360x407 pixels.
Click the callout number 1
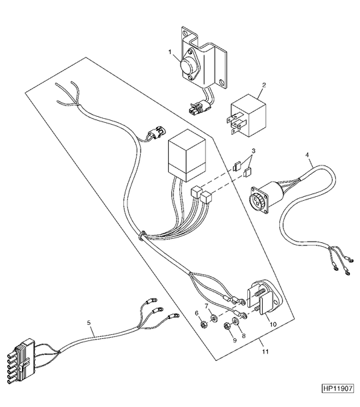(x=170, y=52)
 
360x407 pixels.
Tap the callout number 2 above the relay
(x=264, y=85)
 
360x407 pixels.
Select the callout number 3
(x=253, y=151)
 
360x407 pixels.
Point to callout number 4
(x=307, y=155)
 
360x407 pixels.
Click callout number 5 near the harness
(x=89, y=323)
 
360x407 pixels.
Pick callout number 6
(x=197, y=314)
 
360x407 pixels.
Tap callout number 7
(x=207, y=306)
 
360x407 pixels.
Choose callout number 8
(x=243, y=336)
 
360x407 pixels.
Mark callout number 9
(x=235, y=340)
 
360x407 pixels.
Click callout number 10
(x=273, y=324)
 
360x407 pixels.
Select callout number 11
(x=265, y=352)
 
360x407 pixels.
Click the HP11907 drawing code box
(x=337, y=388)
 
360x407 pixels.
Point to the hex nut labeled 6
(x=204, y=324)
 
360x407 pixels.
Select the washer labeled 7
(x=214, y=318)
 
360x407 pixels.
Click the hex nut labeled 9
(x=227, y=326)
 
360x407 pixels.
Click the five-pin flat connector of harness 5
(x=21, y=358)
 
